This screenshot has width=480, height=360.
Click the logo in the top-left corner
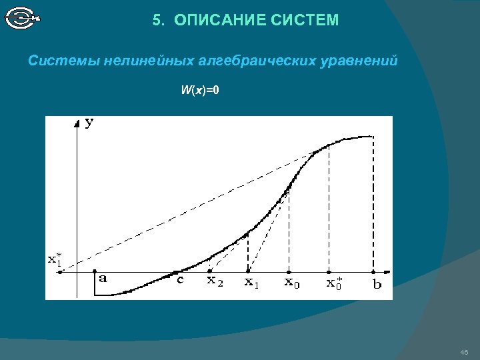(23, 18)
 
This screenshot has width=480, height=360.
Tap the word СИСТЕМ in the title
(305, 21)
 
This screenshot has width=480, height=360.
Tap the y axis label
(90, 123)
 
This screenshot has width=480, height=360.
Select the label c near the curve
(180, 280)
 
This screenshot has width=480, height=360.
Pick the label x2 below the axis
(215, 282)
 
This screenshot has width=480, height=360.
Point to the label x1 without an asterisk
(251, 283)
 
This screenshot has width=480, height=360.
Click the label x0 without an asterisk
(292, 283)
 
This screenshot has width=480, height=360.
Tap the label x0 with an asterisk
(335, 283)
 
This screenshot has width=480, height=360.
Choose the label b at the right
(377, 283)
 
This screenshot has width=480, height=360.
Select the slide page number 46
(465, 352)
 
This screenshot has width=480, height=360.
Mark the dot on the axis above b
(372, 272)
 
